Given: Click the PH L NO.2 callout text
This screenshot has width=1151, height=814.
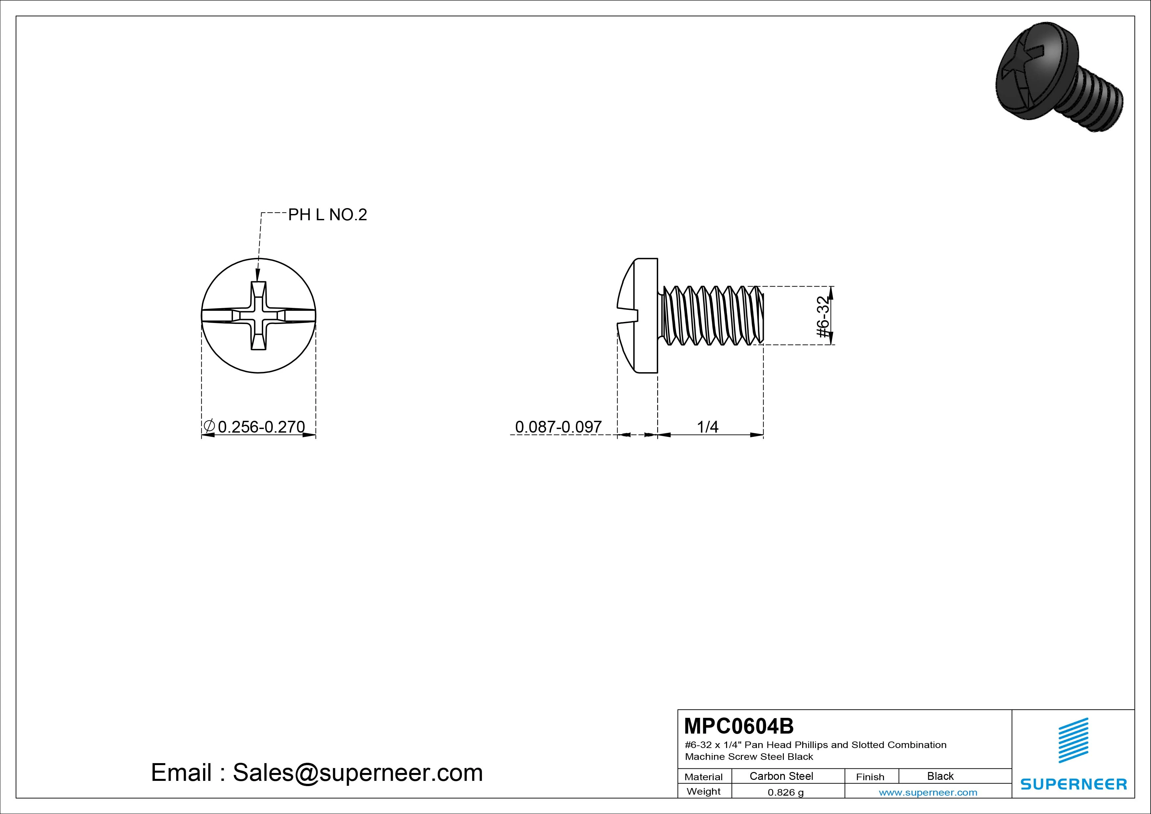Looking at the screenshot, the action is [327, 215].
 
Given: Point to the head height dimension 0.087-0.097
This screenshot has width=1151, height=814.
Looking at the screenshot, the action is [558, 427].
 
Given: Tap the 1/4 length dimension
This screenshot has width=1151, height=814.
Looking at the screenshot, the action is [707, 427].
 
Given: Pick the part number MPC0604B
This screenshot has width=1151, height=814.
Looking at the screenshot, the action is [739, 726].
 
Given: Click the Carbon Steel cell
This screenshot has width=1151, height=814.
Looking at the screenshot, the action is [781, 776].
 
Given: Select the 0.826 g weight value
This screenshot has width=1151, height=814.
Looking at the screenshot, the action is [785, 792].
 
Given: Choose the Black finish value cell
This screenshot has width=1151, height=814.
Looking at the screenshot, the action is [940, 776].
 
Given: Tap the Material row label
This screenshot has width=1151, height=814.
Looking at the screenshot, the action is [703, 777].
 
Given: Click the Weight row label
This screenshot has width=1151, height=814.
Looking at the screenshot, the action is [704, 791].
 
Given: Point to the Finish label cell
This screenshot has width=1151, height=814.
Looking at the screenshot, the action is [870, 777].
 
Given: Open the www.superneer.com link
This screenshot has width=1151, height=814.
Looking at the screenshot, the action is [928, 792].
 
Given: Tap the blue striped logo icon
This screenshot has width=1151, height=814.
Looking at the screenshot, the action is [1073, 740].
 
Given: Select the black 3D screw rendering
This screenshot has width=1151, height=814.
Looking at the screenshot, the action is [1059, 77].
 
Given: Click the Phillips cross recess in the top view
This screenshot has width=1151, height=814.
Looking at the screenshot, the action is [258, 315].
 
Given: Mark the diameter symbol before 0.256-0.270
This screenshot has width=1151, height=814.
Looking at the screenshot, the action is [209, 426].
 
